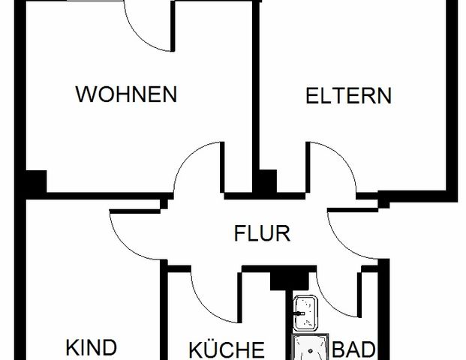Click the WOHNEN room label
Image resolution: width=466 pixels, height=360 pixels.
(126, 94)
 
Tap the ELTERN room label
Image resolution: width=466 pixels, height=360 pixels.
(348, 96)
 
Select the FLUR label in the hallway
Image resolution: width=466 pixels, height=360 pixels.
(262, 233)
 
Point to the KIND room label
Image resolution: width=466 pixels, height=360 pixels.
(92, 348)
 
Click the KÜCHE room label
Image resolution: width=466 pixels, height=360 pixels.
(226, 349)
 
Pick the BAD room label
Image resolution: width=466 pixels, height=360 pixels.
(353, 349)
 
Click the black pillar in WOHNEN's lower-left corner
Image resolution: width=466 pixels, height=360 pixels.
(35, 182)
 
